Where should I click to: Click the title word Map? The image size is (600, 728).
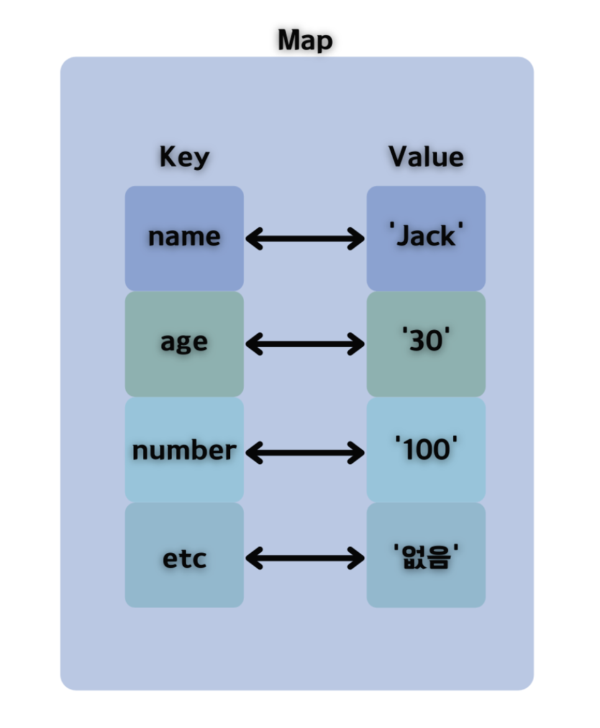305,41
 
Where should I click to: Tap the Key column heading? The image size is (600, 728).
184,157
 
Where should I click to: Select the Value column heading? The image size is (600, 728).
426,157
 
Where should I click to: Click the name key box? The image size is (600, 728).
184,239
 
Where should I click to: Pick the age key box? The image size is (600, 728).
184,344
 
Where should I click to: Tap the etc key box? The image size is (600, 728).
184,555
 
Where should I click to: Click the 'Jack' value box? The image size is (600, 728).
426,239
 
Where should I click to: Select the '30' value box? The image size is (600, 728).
426,344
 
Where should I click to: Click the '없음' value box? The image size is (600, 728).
426,555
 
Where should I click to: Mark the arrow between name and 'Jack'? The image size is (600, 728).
305,239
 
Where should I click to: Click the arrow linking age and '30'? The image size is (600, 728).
305,344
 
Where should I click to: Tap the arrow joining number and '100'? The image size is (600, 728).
305,452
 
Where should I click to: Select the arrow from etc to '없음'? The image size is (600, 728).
305,558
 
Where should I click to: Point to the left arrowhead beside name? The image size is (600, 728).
253,239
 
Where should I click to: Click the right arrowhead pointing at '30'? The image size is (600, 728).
357,344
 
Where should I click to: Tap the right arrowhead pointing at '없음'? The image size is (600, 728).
357,558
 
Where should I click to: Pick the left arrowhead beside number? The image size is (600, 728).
253,452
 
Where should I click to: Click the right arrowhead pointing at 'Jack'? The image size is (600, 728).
357,239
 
